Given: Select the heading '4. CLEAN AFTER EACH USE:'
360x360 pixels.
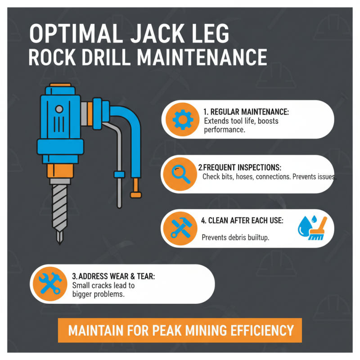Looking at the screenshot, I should [242, 221].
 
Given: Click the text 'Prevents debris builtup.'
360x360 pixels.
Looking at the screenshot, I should [235, 238].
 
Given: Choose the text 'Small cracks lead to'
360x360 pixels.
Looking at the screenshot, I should [103, 285].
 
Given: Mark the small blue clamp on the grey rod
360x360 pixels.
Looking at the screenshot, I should [119, 174].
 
